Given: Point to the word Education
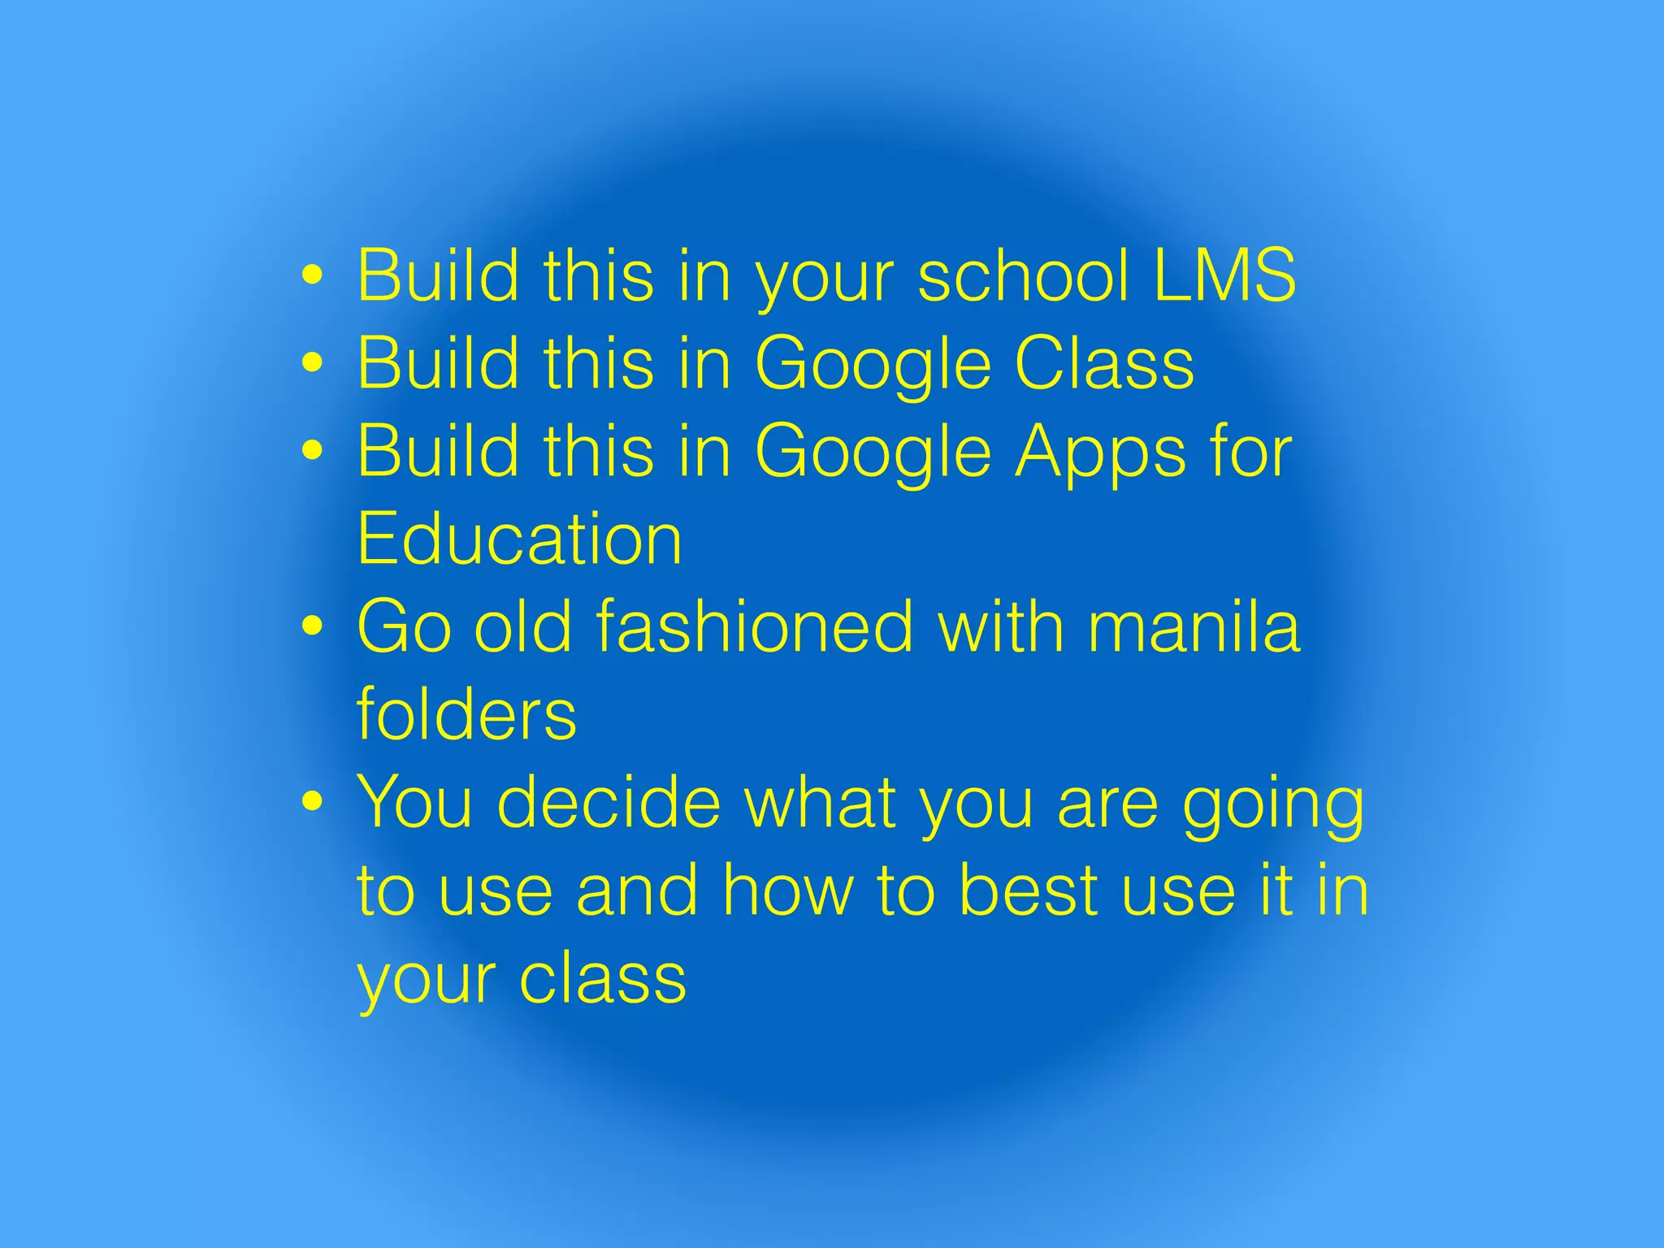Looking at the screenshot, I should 520,539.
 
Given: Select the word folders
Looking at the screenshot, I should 466,714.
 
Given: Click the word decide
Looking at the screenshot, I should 609,803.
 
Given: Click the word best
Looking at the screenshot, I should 1029,890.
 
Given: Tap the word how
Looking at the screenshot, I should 788,890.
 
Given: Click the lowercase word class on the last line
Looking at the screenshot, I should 603,978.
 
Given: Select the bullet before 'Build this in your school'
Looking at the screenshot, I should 312,275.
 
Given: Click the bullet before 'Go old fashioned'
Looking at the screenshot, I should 312,626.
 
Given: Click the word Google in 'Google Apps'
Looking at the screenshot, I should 873,454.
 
